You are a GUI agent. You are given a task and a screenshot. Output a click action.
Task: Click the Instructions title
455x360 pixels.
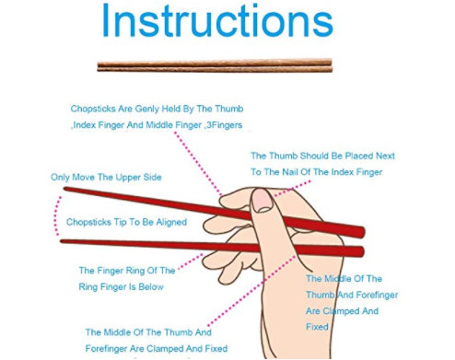coord(218,21)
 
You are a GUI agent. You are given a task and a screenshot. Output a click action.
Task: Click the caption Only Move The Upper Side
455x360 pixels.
coord(106,177)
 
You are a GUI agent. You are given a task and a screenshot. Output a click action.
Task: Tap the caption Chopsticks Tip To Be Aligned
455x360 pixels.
coord(126,222)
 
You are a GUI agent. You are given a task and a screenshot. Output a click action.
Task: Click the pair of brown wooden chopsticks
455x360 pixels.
coord(215,65)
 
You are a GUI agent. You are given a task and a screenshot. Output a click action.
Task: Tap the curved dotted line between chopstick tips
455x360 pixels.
coord(57,216)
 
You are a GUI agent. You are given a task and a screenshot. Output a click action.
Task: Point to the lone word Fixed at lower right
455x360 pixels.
coord(317,326)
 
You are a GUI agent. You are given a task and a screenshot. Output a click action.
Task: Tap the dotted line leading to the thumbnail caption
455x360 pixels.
coord(293,188)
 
